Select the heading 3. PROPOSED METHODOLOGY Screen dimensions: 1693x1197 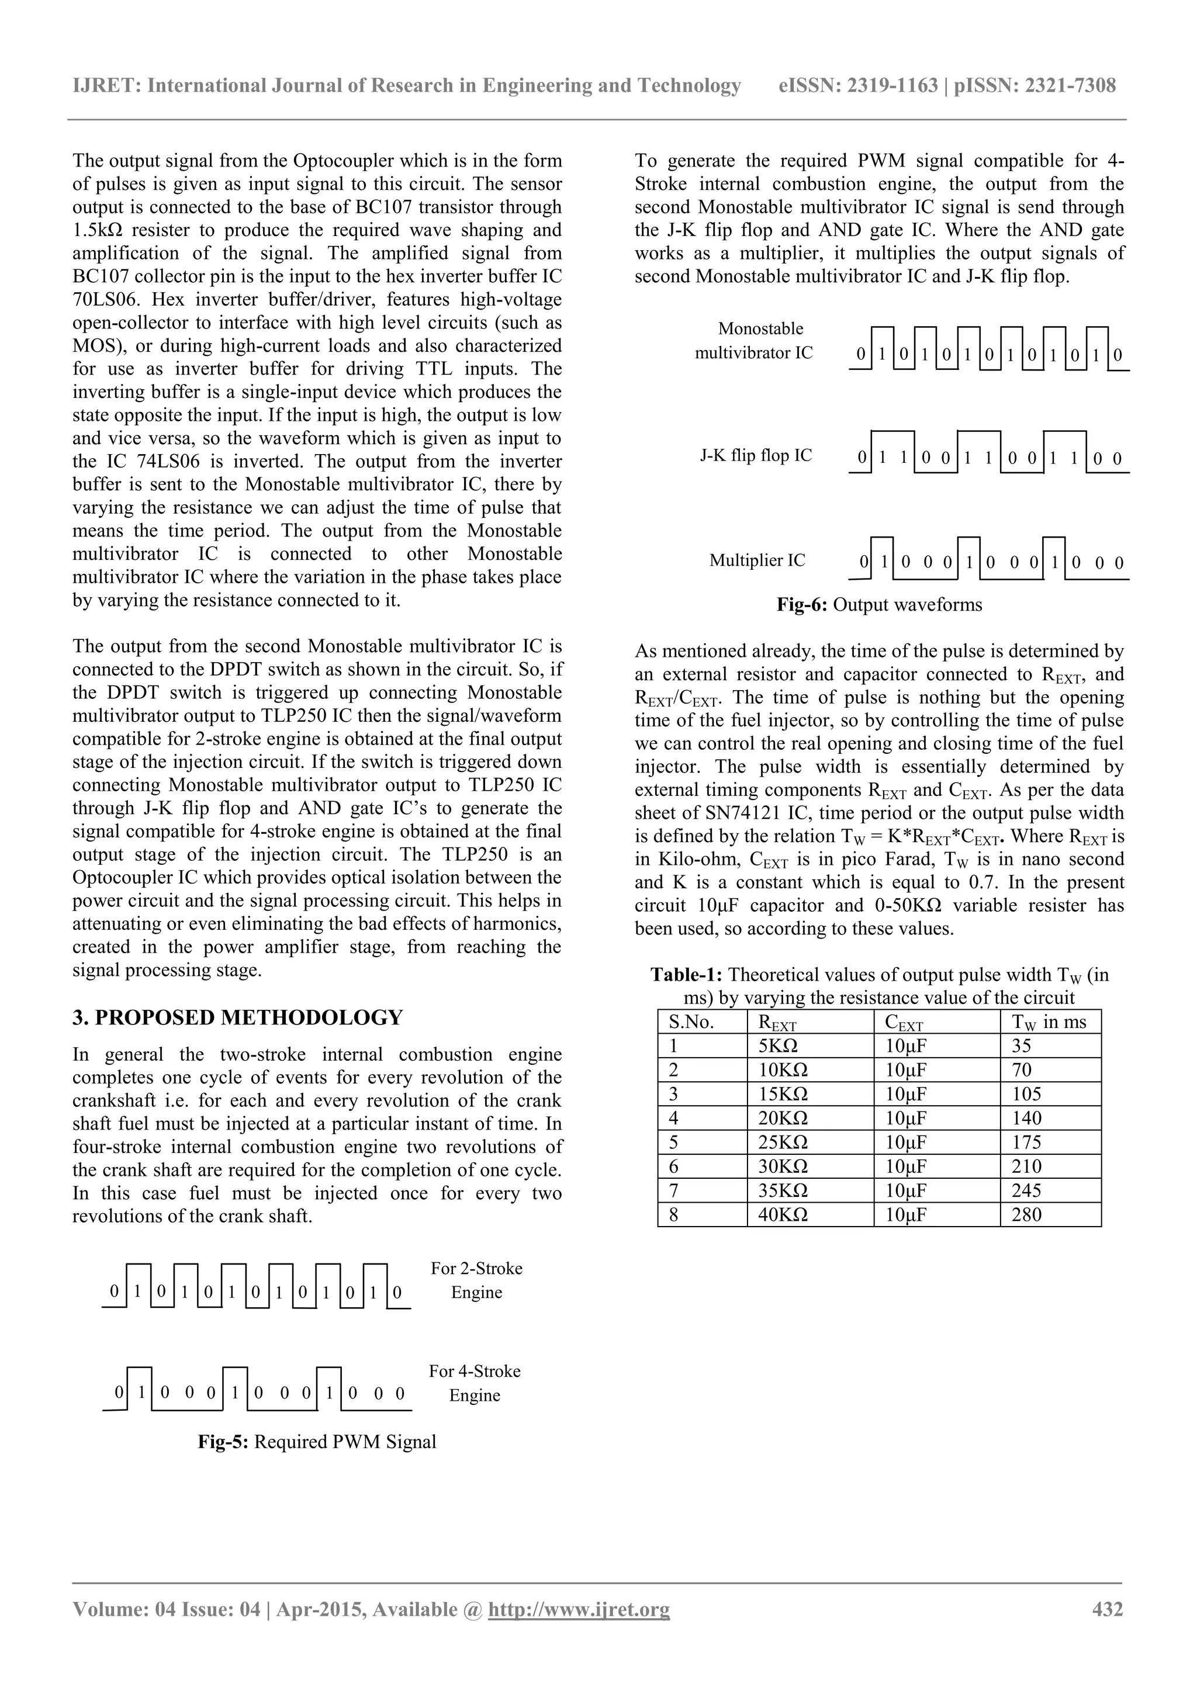237,1017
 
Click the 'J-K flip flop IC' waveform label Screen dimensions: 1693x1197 755,455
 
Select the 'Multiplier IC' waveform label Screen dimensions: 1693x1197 757,560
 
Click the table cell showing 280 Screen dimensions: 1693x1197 1027,1214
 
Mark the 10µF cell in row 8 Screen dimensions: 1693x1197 906,1214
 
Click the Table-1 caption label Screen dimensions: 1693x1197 687,975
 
